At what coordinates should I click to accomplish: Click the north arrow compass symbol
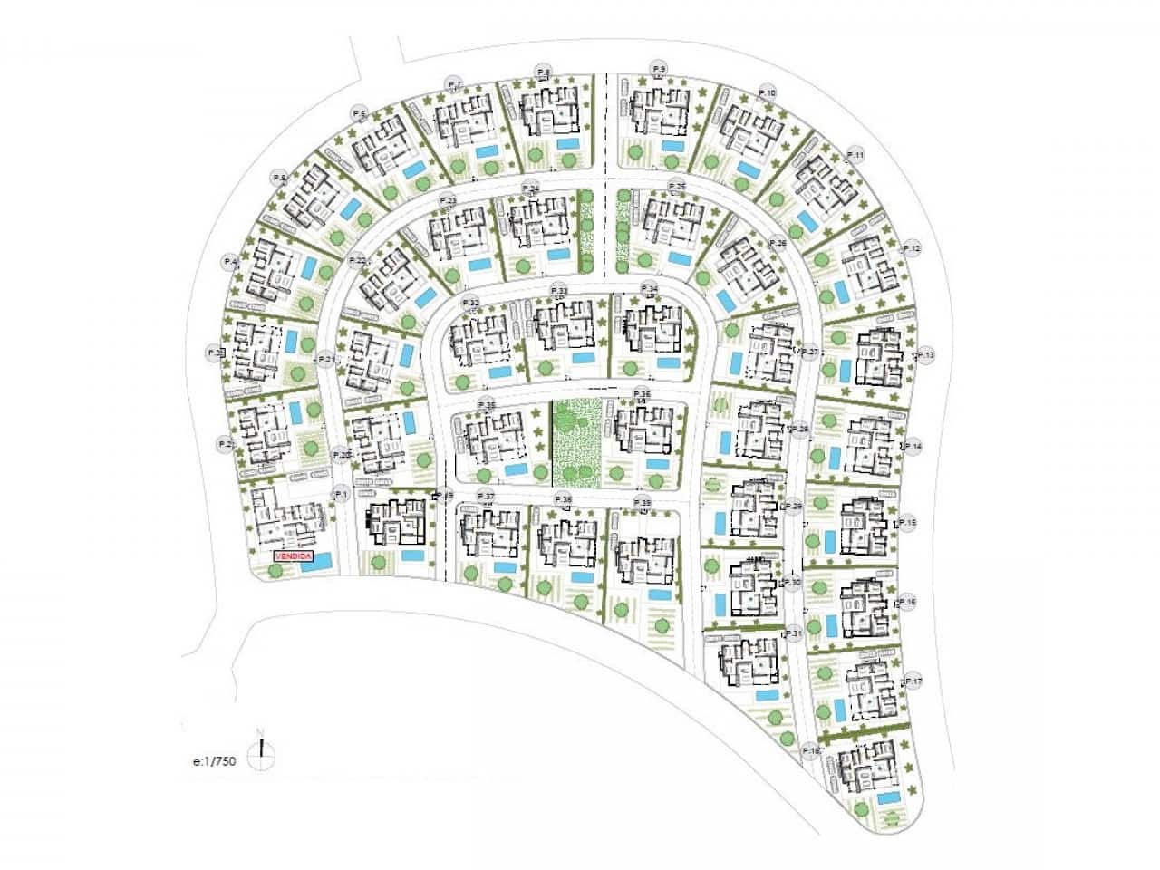click(x=261, y=749)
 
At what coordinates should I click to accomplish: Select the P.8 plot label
click(x=544, y=71)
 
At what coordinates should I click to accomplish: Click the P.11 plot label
click(x=855, y=155)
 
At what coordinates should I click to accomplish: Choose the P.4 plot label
click(x=231, y=262)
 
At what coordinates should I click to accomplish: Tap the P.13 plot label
click(x=925, y=356)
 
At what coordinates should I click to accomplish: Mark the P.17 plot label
click(x=913, y=681)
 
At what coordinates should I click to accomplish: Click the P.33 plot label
click(x=558, y=290)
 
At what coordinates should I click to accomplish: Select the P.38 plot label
click(x=563, y=499)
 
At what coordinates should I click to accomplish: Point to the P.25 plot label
click(x=676, y=186)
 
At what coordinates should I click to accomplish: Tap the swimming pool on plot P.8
click(x=568, y=144)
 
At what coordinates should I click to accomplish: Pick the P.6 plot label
click(x=360, y=114)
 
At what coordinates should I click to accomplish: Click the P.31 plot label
click(x=794, y=633)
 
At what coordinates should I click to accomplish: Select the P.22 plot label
click(x=357, y=261)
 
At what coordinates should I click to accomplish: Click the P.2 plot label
click(x=226, y=444)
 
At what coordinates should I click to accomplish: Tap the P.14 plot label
click(x=913, y=447)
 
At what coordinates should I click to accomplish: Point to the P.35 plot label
click(x=487, y=405)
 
